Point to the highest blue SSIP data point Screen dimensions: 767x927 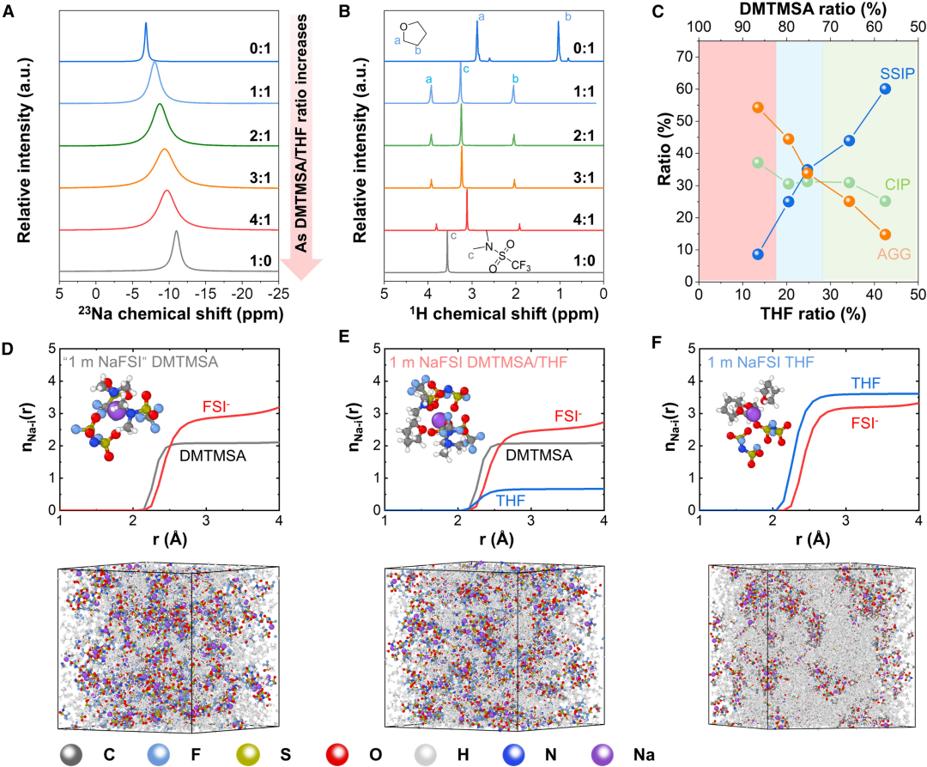tap(885, 88)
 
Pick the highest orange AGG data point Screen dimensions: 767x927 tap(757, 107)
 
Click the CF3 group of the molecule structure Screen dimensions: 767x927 tap(524, 267)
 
